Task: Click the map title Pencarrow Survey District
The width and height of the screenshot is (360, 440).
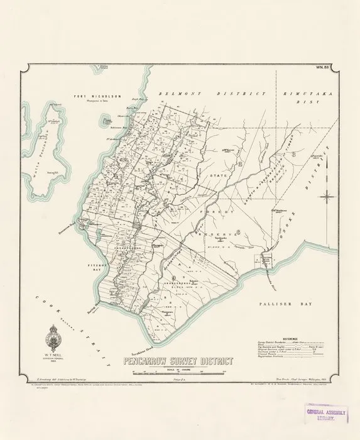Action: pyautogui.click(x=178, y=361)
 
